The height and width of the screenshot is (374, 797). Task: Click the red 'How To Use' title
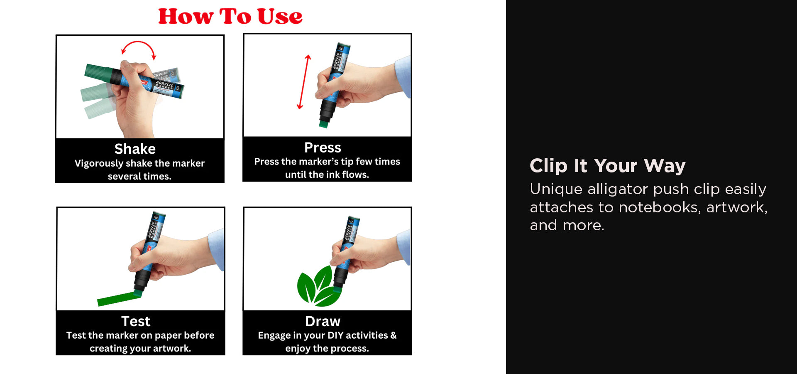click(x=230, y=17)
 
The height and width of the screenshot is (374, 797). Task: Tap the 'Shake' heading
click(x=135, y=149)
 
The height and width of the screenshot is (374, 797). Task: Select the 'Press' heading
click(x=323, y=148)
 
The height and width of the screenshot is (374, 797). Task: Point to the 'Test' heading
click(x=136, y=321)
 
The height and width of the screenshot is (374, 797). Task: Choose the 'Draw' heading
click(x=323, y=321)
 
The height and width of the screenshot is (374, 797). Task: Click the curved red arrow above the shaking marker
click(x=139, y=42)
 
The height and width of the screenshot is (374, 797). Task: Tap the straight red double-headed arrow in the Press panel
click(x=304, y=82)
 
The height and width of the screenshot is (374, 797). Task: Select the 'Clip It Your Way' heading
click(x=607, y=165)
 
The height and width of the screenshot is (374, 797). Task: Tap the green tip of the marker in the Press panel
click(x=324, y=124)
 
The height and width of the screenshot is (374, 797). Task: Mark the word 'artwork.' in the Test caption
click(x=171, y=349)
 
